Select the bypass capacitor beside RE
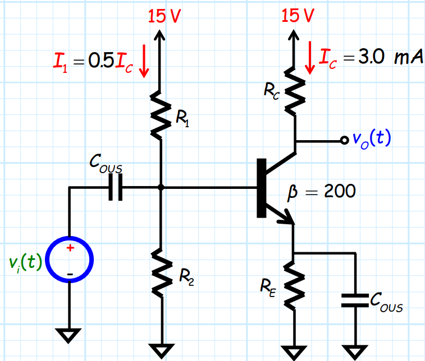click(355, 300)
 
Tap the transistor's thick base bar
click(261, 188)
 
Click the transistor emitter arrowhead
click(288, 219)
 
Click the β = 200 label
click(321, 192)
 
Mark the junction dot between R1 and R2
click(161, 188)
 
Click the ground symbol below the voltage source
click(69, 335)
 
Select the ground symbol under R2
click(161, 349)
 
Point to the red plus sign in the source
click(70, 248)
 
